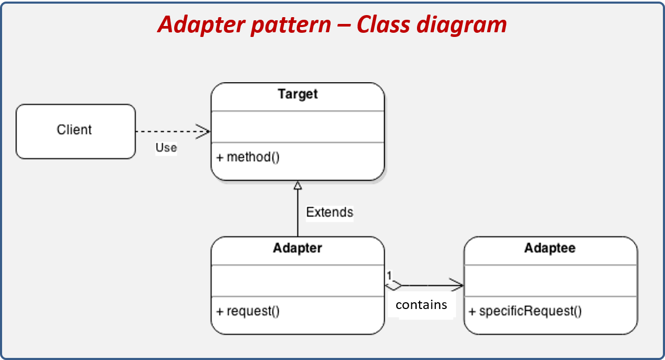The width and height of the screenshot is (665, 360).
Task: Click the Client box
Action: pyautogui.click(x=75, y=131)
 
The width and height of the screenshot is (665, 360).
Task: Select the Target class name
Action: pyautogui.click(x=297, y=94)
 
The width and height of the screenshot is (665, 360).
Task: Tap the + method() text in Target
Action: pyautogui.click(x=248, y=157)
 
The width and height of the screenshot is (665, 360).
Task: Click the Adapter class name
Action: pyautogui.click(x=297, y=248)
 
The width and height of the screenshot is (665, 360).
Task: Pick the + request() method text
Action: pyautogui.click(x=248, y=311)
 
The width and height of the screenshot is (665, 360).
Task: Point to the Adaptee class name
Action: pyautogui.click(x=550, y=248)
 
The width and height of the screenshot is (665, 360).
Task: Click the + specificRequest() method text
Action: pyautogui.click(x=525, y=311)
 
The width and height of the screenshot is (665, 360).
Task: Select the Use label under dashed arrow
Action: pyautogui.click(x=166, y=148)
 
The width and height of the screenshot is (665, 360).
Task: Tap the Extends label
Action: pyautogui.click(x=329, y=212)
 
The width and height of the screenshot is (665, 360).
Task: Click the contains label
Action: pyautogui.click(x=421, y=305)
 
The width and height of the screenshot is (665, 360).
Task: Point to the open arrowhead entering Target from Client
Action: pyautogui.click(x=203, y=132)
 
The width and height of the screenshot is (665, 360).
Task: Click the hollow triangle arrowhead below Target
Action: pyautogui.click(x=297, y=185)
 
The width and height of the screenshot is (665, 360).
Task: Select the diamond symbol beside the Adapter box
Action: pyautogui.click(x=394, y=285)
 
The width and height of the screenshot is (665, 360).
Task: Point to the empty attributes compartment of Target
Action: pyautogui.click(x=297, y=126)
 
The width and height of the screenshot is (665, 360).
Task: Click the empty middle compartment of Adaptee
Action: pyautogui.click(x=550, y=280)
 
